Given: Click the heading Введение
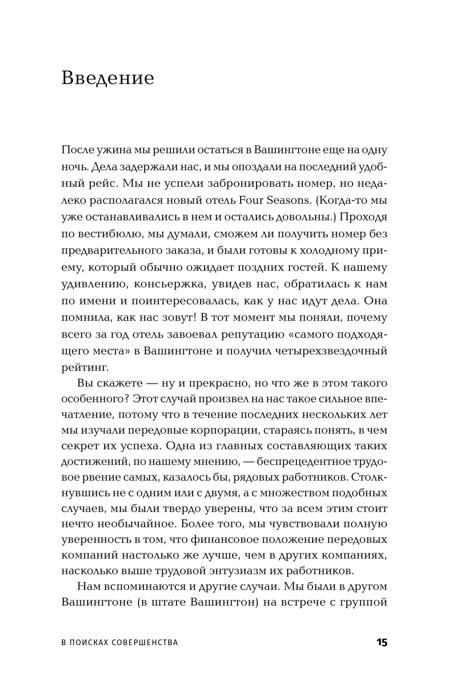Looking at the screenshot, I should [108, 78].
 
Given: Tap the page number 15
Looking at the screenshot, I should [381, 643].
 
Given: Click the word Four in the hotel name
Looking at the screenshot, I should [251, 200].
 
